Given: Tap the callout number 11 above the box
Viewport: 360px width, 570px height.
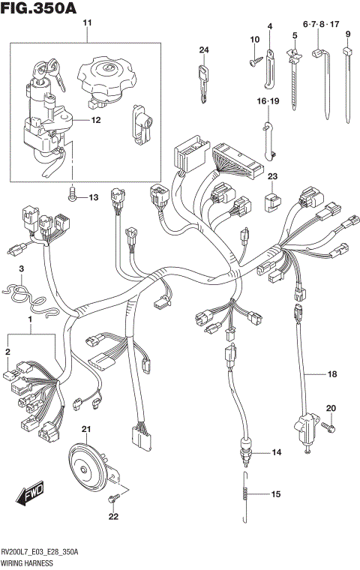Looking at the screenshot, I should tap(86, 25).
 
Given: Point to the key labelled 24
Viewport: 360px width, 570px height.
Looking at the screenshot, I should tap(202, 80).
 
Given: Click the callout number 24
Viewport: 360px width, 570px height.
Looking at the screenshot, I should tap(202, 50).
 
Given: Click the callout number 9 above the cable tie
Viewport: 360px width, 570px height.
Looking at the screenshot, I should tap(348, 34).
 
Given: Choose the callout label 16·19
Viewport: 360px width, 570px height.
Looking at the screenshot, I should tap(268, 100).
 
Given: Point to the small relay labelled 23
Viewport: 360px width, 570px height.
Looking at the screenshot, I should tap(274, 199).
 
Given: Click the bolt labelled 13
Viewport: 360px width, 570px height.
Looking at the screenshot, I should tap(73, 197).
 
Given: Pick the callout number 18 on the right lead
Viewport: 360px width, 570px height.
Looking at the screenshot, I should tap(331, 373).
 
